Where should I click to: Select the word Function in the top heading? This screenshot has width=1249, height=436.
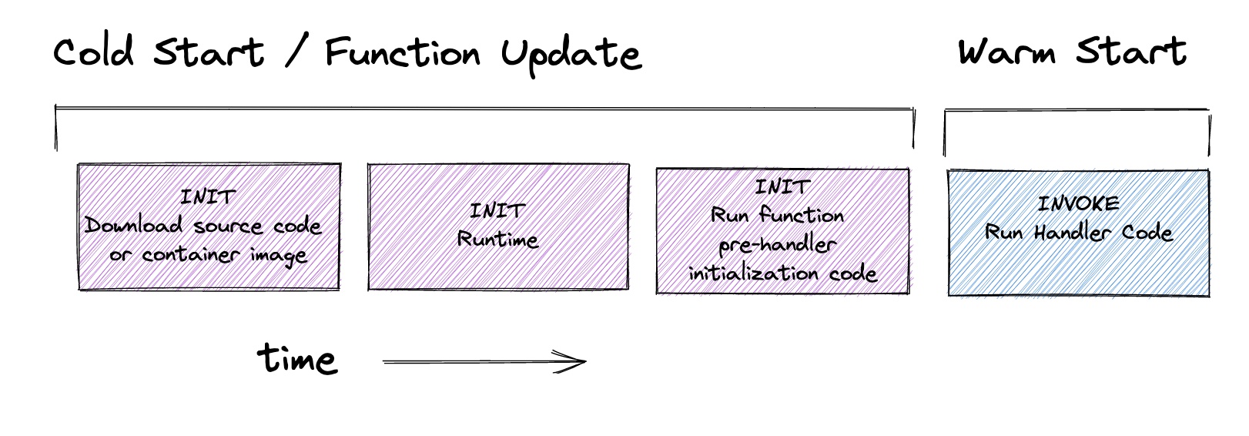pos(402,52)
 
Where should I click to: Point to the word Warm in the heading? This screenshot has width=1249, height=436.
pos(1006,52)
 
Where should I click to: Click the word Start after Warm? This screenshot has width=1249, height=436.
pos(1130,52)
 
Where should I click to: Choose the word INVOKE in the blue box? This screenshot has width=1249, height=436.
pos(1078,203)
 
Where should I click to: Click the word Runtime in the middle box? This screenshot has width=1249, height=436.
pos(497,240)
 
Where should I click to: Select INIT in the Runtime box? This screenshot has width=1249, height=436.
pos(497,211)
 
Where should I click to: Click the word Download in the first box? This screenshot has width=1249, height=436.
pos(133,225)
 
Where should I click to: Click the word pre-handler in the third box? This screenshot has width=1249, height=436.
pos(777,245)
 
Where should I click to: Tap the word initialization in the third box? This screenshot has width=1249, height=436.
pos(753,273)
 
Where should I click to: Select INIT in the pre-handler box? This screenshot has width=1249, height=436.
pos(782,186)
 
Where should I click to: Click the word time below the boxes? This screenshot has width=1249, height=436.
pos(297,358)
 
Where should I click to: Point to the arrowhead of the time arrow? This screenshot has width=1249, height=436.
pos(585,361)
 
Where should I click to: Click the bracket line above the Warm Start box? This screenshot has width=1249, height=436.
pos(1077,110)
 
